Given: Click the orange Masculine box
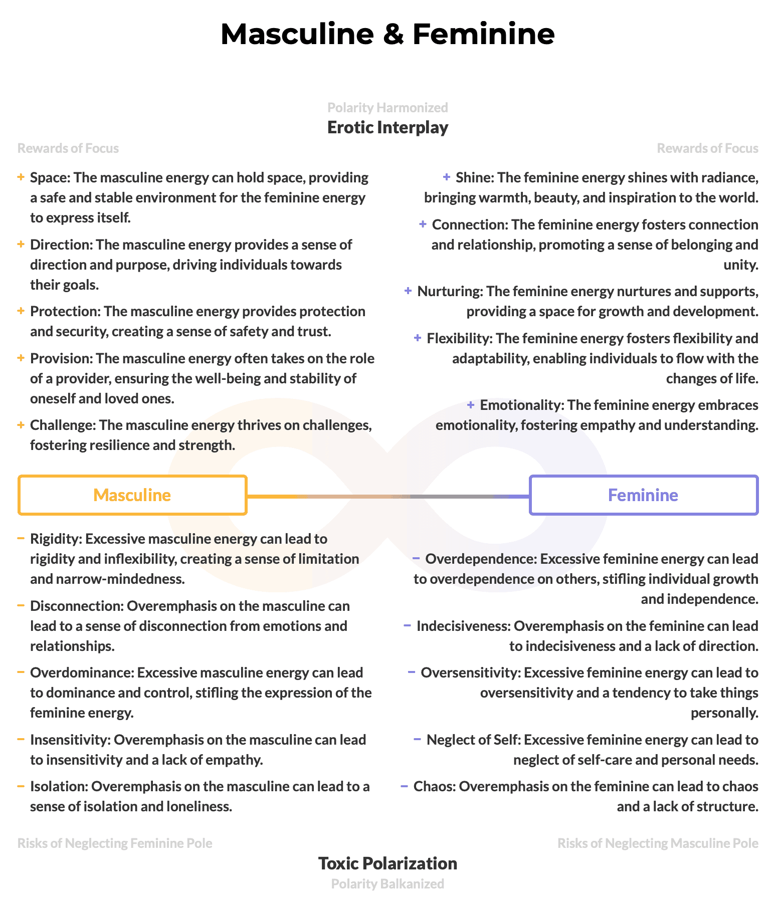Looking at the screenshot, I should coord(132,495).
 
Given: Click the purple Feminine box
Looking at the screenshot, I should coord(643,495).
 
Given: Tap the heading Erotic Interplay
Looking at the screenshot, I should coord(387,127).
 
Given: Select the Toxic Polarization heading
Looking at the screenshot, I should coord(387,863).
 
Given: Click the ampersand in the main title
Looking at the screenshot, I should coord(393,34).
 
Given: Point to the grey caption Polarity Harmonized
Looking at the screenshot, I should coord(387,108).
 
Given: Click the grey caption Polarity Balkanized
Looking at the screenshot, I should coord(387,883).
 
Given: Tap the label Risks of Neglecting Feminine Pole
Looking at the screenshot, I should coord(115,843).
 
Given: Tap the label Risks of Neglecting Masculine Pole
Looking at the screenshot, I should coord(658,843).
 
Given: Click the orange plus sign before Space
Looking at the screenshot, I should coord(21,177).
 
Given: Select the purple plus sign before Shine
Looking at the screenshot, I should coord(447,177).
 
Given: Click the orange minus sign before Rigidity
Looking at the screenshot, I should coord(21,539).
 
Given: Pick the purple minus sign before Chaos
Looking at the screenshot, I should coord(405,786).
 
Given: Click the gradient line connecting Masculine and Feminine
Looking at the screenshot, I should coord(388,496).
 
